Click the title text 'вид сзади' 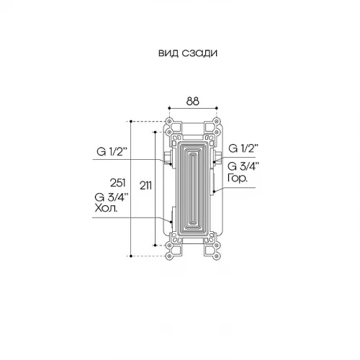pos(188,53)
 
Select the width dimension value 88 pos(193,102)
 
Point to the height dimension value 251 pos(118,183)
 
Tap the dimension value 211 pos(145,186)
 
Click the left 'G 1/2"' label pos(112,152)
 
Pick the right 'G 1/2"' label pos(243,148)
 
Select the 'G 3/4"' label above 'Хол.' pos(110,197)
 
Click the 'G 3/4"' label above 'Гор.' pos(242,166)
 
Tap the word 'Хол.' pos(107,208)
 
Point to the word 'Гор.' pos(237,178)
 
